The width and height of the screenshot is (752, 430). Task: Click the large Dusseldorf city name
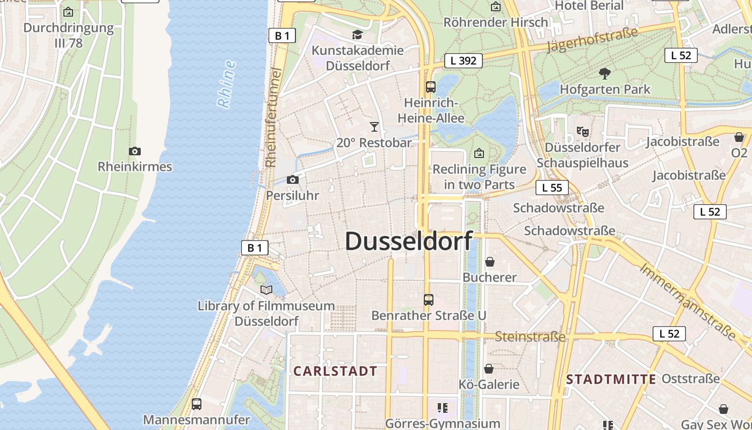click(x=408, y=241)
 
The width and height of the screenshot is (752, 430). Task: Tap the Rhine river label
click(x=227, y=84)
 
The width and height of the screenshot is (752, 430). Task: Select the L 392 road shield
click(x=464, y=61)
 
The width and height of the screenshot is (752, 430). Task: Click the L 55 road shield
click(x=552, y=188)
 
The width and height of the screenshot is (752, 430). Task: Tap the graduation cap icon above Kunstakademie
click(x=357, y=35)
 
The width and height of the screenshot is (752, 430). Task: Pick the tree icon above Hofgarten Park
click(x=605, y=74)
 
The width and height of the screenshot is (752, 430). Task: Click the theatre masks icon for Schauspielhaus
click(x=582, y=131)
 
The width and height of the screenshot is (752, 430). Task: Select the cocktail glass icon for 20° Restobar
click(x=374, y=127)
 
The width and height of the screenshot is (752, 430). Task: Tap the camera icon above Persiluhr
click(x=293, y=180)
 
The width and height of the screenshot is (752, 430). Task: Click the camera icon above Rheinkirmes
click(x=135, y=152)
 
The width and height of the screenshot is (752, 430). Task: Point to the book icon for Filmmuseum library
click(x=266, y=290)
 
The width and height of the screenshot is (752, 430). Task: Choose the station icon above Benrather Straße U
click(x=428, y=299)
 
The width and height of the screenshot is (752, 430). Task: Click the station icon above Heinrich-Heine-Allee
click(x=430, y=87)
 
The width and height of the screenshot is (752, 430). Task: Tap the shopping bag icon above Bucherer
click(x=490, y=262)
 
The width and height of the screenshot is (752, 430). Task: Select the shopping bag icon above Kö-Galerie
click(x=489, y=369)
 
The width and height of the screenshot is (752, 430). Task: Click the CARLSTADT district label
click(x=335, y=371)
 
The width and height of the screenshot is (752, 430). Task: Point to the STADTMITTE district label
click(x=611, y=379)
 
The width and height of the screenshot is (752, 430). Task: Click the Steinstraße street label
click(x=530, y=337)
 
